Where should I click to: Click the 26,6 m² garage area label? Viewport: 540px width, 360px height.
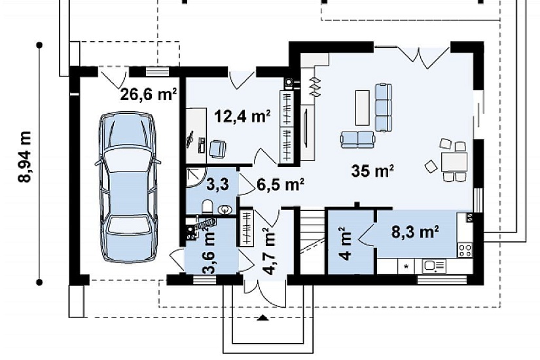click(149, 94)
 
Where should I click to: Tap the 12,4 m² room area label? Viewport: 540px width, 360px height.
click(242, 116)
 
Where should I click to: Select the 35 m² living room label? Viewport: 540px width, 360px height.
click(372, 171)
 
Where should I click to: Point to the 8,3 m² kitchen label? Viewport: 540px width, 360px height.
click(415, 232)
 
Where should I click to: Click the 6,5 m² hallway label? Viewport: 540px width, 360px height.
click(280, 185)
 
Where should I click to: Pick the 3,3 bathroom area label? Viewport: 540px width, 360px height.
click(217, 185)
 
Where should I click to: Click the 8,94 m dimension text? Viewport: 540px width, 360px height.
click(25, 156)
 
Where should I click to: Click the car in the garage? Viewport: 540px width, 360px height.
click(128, 187)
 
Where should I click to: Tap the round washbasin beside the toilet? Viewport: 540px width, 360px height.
click(225, 209)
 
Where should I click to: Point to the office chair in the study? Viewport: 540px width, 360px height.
click(218, 149)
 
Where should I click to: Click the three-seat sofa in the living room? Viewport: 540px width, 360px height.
click(383, 107)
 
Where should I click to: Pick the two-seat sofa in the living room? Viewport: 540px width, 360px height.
click(357, 139)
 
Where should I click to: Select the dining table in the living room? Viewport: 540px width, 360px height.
click(454, 162)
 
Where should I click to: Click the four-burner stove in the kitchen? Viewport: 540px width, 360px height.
click(465, 250)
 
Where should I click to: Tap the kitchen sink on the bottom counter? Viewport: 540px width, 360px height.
click(434, 266)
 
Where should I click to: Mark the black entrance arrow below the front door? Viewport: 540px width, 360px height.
click(264, 317)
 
